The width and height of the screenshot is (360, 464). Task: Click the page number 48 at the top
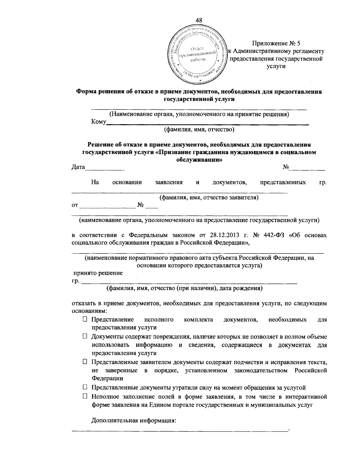tap(199, 20)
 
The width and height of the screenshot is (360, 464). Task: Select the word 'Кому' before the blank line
tap(99, 122)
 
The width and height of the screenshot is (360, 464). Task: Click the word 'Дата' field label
tap(78, 167)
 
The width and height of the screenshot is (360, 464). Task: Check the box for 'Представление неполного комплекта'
tap(85, 320)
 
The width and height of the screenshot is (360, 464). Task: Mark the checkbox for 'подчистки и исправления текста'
tap(85, 362)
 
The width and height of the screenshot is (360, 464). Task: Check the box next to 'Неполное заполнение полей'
tap(85, 397)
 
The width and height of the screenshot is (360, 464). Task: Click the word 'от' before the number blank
tap(75, 205)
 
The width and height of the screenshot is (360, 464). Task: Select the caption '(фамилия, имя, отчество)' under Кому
tap(199, 129)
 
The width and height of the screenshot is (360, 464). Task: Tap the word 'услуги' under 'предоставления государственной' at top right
tap(276, 66)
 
